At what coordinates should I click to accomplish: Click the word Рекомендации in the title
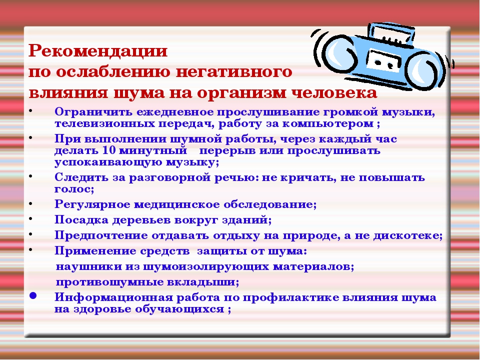[97, 50]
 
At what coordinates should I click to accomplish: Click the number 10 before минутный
[109, 150]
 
